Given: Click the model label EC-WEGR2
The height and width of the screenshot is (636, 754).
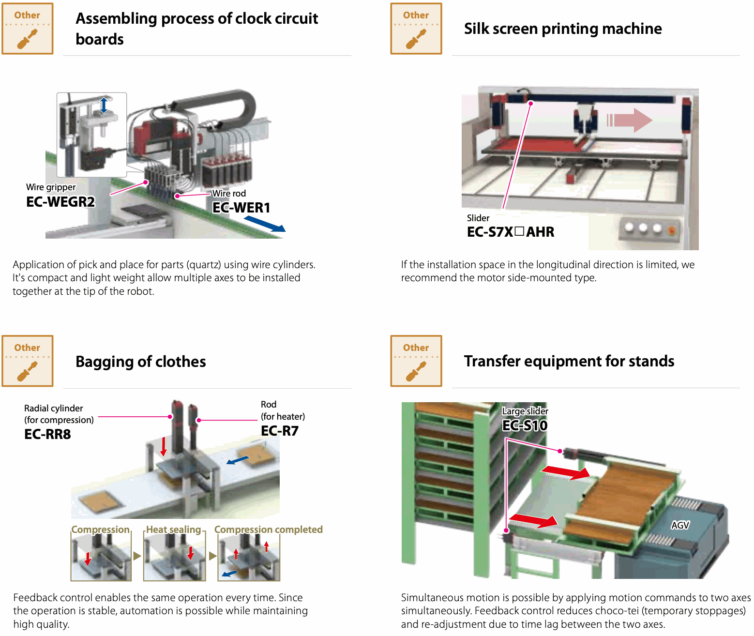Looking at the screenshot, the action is point(60,201).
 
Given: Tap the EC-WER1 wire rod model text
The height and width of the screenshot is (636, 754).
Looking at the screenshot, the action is point(241,208).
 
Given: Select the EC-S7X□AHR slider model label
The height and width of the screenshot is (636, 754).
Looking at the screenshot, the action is point(510,232).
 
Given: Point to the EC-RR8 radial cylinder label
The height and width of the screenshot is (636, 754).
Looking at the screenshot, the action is point(47,434).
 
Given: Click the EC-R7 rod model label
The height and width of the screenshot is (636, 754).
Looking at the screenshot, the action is point(280,431).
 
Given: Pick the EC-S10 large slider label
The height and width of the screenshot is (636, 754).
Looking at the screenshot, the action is point(525,425).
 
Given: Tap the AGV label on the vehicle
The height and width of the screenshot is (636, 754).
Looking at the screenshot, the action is point(680,525).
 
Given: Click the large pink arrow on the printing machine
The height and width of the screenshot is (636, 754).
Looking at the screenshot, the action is point(630,120).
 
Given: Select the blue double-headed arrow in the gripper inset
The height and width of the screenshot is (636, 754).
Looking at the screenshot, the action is point(104,105).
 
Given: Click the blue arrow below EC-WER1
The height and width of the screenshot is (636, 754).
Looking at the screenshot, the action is point(265,224).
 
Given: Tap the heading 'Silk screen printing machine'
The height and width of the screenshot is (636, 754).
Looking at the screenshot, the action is point(563,29).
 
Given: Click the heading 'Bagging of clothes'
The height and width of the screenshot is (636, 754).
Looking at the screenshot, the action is point(140,362).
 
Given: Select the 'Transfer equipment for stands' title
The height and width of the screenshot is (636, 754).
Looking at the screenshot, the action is point(569,361).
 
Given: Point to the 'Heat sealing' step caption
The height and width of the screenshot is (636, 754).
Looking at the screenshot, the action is point(173,530).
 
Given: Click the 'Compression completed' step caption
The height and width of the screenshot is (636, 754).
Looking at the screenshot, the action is point(268,530).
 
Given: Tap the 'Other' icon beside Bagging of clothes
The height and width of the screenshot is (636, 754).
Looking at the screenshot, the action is point(28,361).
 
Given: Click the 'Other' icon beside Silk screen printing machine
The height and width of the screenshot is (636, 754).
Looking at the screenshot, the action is point(416,29).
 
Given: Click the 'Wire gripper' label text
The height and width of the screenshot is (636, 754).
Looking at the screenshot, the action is point(51,187).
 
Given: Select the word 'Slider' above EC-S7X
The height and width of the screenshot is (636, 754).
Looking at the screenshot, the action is point(478,218).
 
